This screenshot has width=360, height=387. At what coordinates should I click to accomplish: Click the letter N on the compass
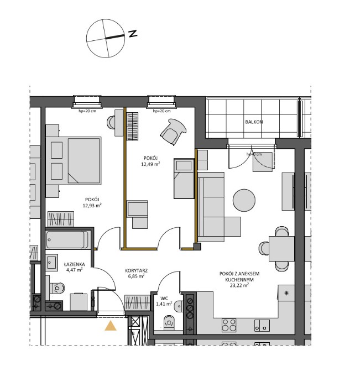coord(133,33)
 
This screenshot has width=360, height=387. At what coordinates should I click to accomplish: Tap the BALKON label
coord(254,122)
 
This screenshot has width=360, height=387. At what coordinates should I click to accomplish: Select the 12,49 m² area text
coord(150,164)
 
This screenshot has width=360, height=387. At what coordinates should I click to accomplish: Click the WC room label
coord(164,297)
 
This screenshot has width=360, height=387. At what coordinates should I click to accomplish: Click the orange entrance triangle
coord(111,326)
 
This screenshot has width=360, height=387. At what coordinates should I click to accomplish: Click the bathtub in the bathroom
coord(67,239)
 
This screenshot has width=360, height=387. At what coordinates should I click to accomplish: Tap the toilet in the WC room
coord(168,321)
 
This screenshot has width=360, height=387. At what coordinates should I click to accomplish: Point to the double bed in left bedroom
coord(76,160)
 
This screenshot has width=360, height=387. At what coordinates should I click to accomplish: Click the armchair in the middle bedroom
coord(172,132)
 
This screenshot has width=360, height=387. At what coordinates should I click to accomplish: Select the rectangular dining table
coord(281,247)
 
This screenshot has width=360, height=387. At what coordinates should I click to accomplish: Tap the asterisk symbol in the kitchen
coord(286,292)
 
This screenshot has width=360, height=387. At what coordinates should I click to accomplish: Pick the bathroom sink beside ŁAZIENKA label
coord(53,263)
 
